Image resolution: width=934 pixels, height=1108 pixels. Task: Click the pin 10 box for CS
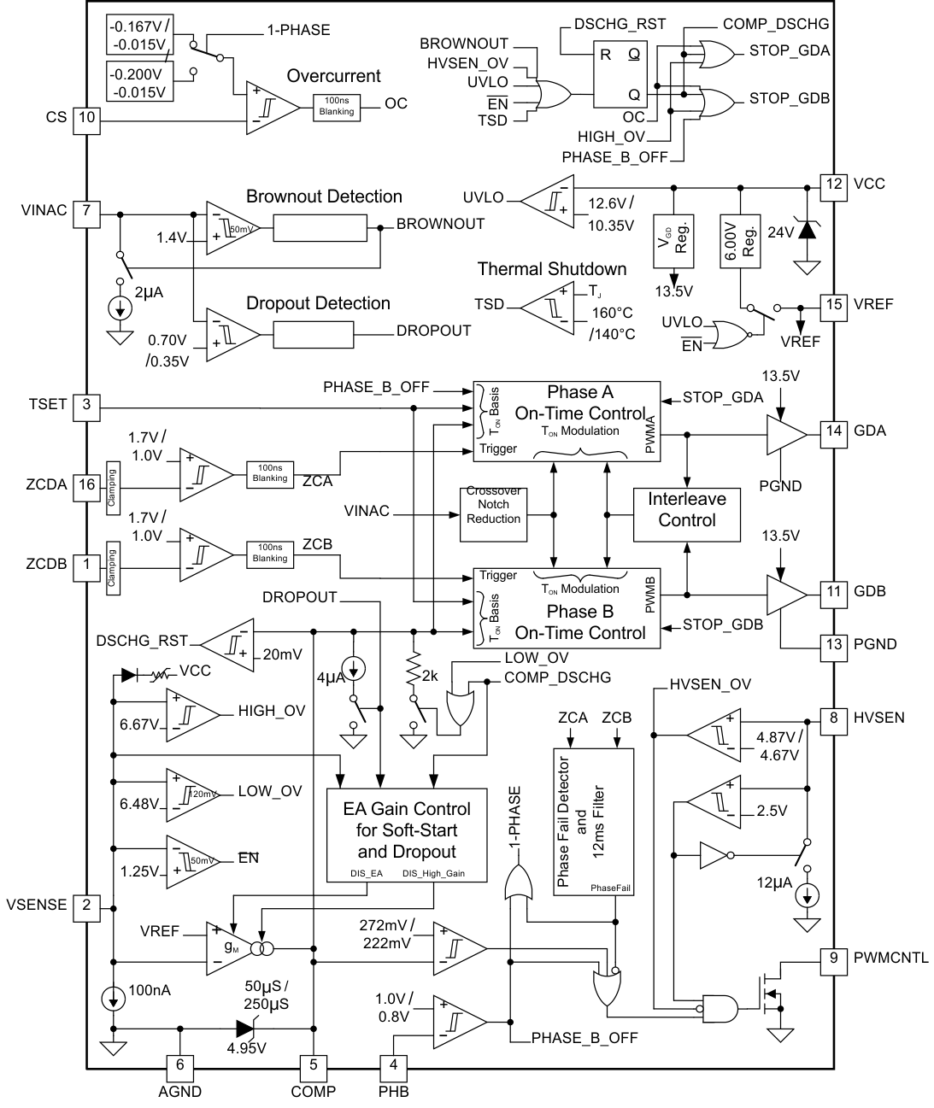(86, 118)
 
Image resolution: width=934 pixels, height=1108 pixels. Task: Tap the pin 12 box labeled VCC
(834, 185)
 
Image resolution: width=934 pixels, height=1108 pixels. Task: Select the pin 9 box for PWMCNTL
(834, 959)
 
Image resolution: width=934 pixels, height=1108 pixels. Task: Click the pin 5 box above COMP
(314, 1065)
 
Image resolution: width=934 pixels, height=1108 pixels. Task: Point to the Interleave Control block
(686, 510)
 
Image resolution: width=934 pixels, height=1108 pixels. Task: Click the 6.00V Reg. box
(741, 241)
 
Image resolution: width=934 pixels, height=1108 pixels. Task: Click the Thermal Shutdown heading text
(551, 269)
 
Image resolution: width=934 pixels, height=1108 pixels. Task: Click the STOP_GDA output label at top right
(789, 50)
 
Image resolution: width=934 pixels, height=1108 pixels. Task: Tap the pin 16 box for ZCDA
(86, 485)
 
